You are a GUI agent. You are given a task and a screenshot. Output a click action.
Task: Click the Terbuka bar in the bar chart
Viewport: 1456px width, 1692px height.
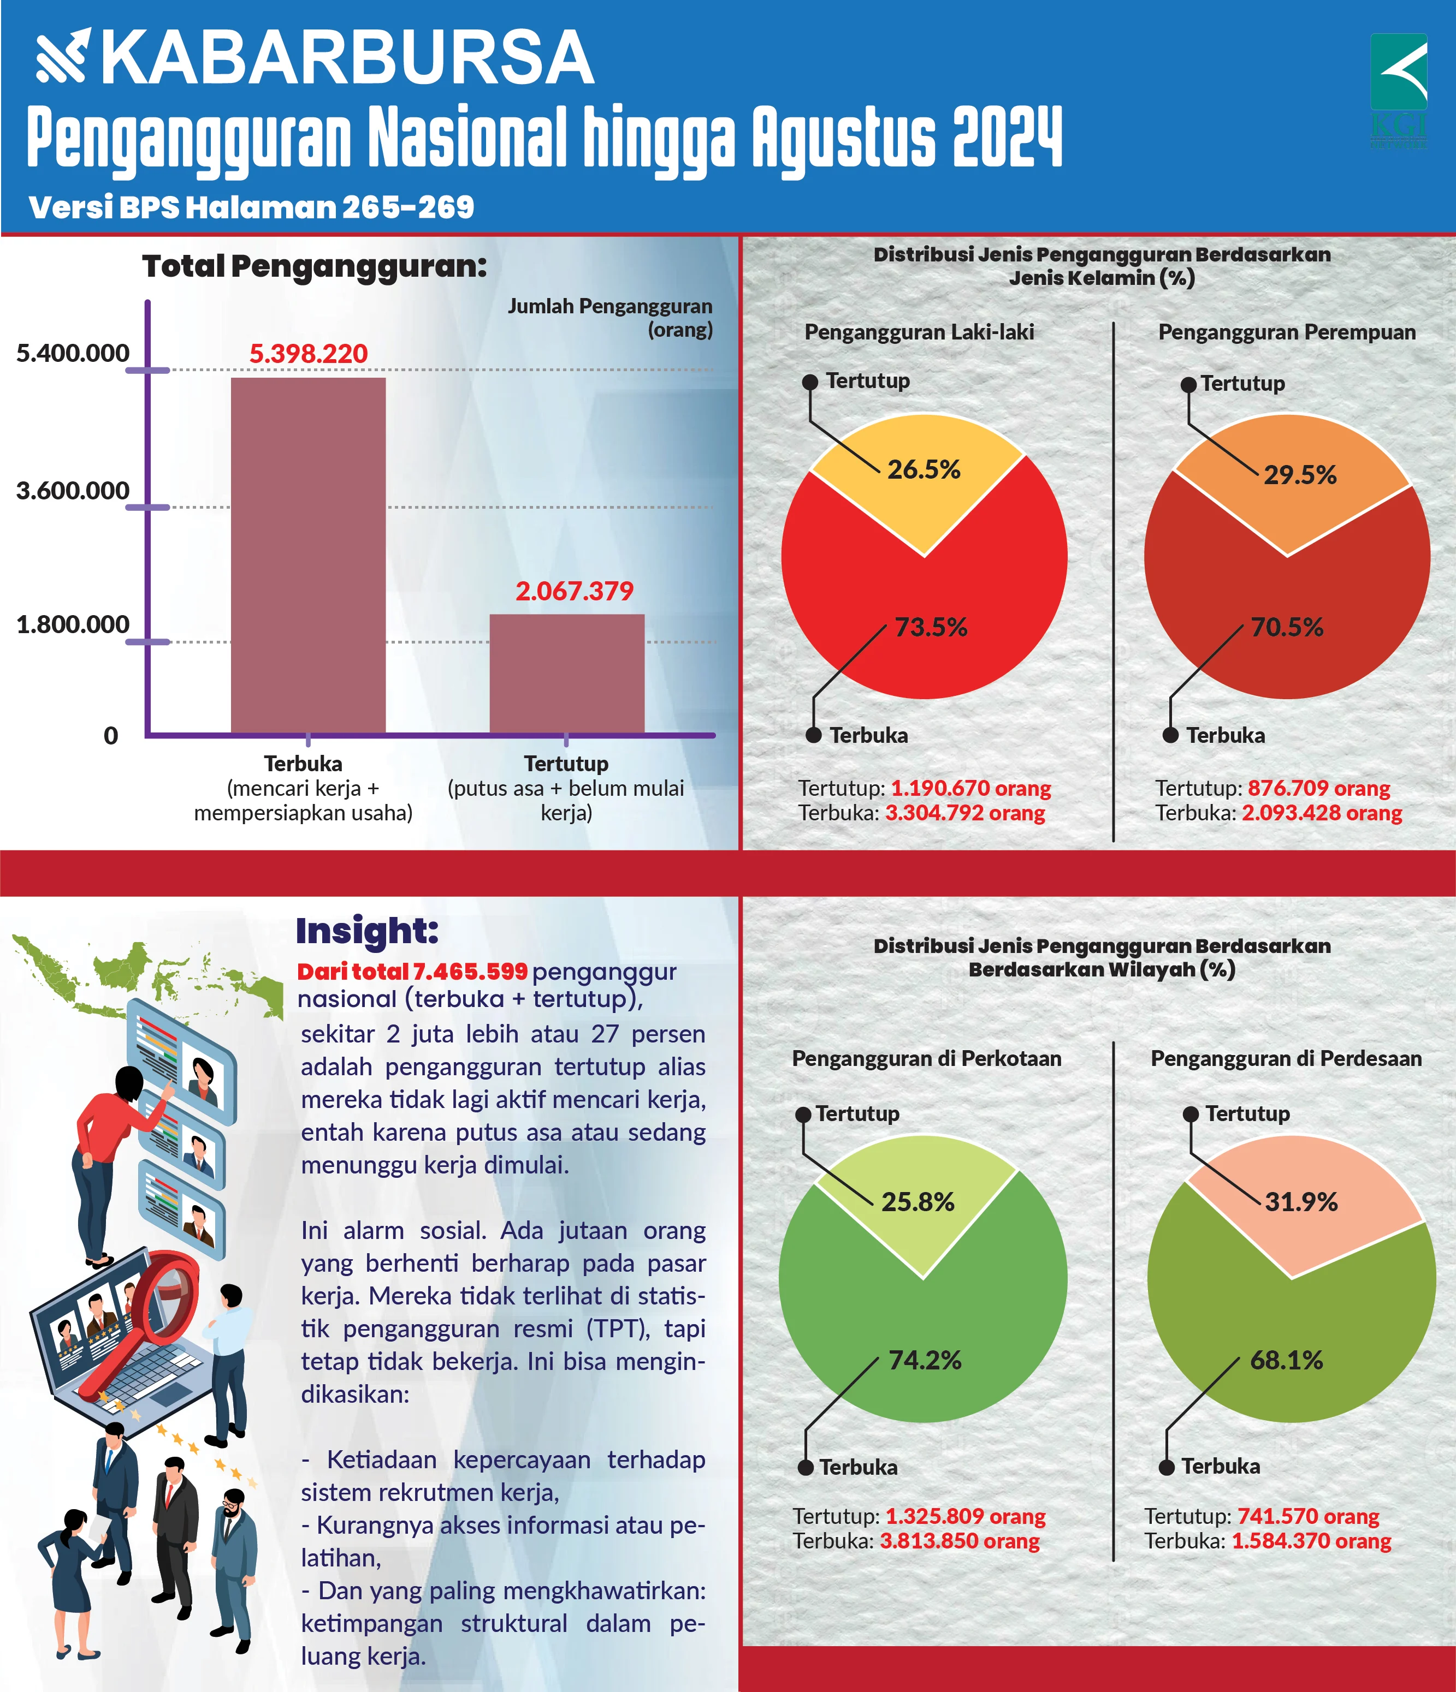coord(308,555)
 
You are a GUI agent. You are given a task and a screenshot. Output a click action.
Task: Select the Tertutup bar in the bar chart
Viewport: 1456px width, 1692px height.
coord(566,674)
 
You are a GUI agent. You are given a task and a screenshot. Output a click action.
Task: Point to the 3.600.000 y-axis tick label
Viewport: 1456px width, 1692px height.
coord(73,491)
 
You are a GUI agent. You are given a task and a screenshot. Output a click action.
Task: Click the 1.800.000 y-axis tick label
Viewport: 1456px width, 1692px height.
coord(73,625)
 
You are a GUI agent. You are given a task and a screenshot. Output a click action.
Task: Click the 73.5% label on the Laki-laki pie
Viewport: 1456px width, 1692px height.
coord(931,627)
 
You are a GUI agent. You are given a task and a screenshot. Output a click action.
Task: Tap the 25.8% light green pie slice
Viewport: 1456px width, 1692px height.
coord(918,1200)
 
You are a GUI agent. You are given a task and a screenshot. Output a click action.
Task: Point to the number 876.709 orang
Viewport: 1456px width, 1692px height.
coord(1319,789)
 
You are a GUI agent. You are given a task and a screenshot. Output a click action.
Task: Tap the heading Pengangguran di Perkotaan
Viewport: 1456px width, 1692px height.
coord(927,1059)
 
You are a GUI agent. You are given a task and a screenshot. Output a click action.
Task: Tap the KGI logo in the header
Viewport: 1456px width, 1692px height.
coord(1399,90)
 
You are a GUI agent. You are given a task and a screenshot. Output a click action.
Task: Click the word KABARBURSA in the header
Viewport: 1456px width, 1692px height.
coord(347,59)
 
